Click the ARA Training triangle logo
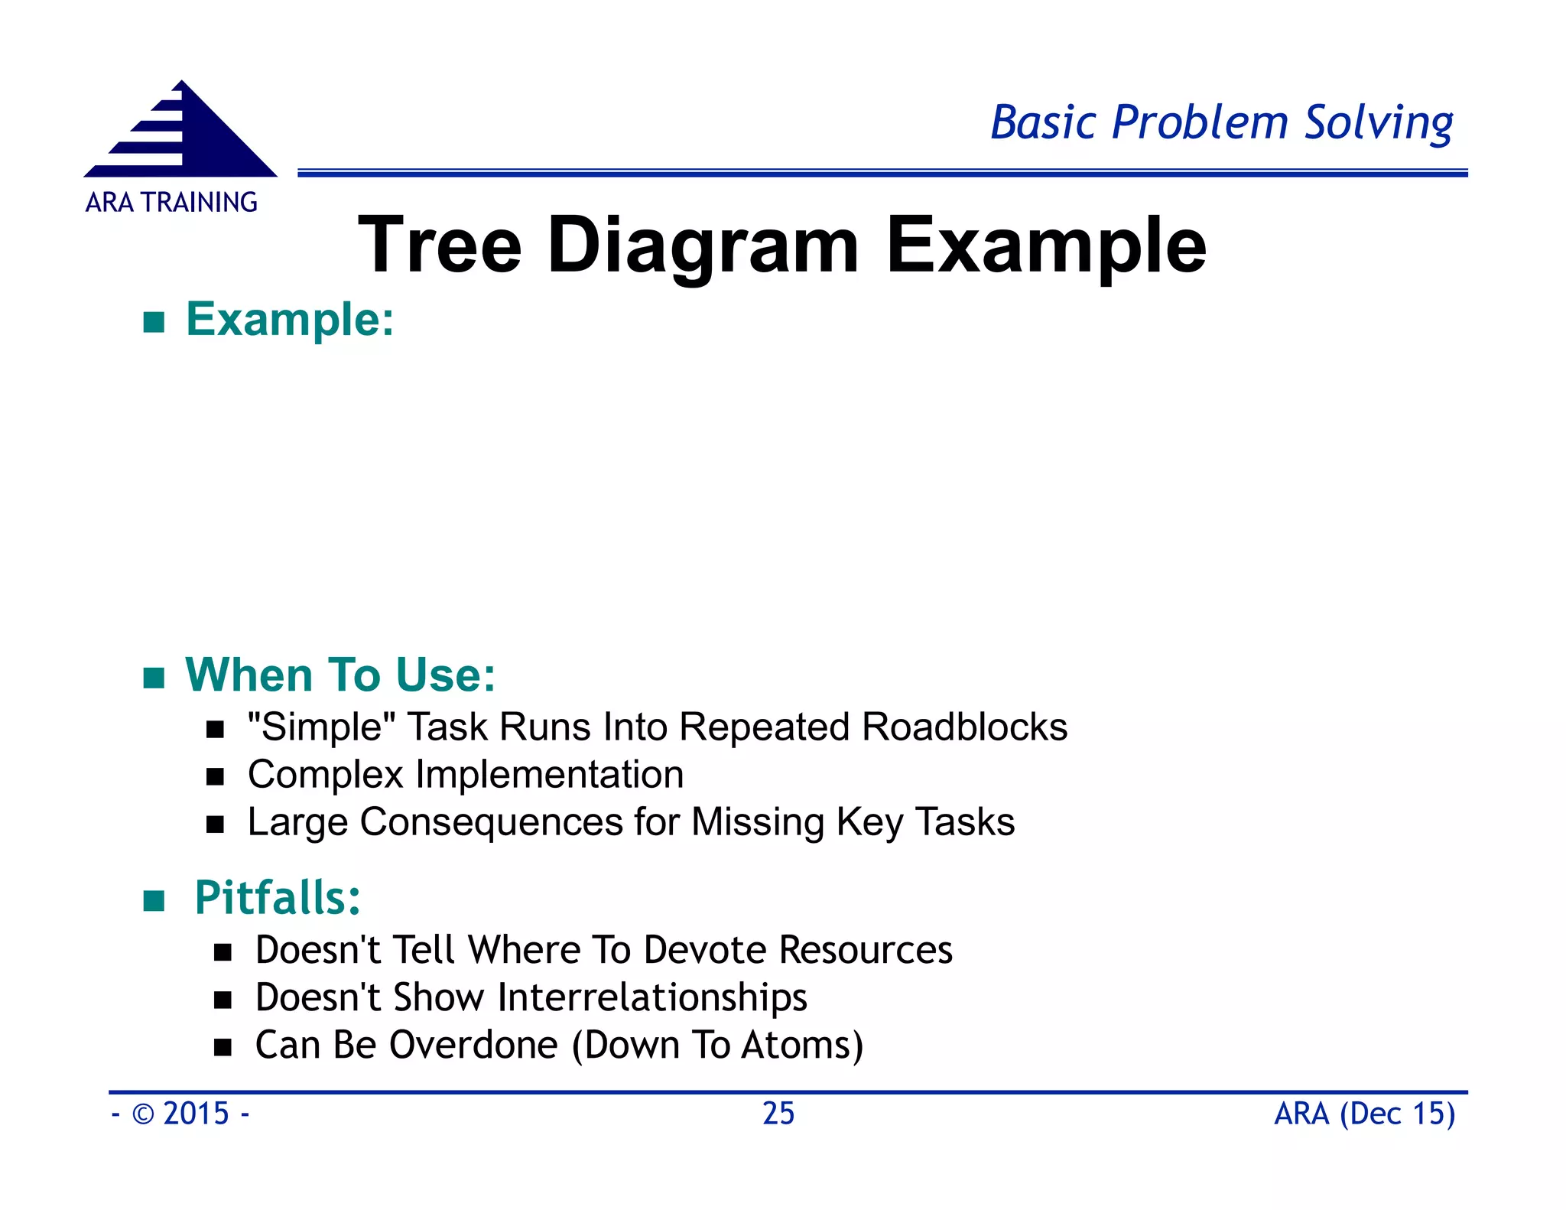(x=182, y=132)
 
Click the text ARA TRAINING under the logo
(x=171, y=203)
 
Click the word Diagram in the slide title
(x=703, y=246)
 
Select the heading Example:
(x=290, y=320)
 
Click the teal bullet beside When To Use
(x=154, y=678)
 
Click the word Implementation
(x=549, y=774)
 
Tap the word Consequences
(x=491, y=822)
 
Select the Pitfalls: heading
(x=277, y=898)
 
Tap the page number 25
(x=778, y=1114)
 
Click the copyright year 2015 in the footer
(x=196, y=1114)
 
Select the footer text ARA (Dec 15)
(x=1364, y=1114)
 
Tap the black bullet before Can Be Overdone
(x=223, y=1047)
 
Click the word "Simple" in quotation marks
(x=321, y=727)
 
